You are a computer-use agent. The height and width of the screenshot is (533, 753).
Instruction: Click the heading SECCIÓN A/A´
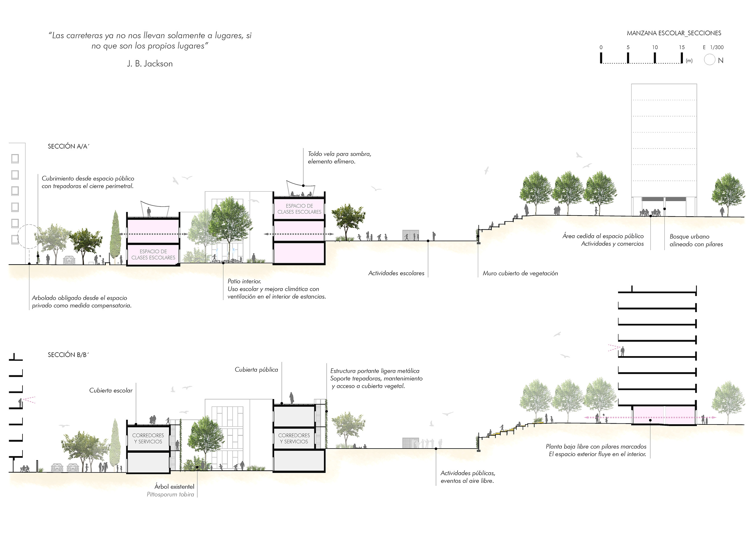point(69,146)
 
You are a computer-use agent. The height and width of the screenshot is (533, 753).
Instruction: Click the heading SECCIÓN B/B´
point(68,355)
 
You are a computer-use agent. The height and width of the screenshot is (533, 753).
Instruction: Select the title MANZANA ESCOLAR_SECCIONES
point(674,33)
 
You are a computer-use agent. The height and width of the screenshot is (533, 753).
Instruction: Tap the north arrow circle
point(709,60)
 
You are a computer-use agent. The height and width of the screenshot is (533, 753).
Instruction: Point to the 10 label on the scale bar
point(655,47)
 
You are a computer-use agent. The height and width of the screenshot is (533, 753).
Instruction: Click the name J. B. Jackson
point(150,64)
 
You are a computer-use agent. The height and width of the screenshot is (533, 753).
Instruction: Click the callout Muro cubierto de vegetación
point(520,273)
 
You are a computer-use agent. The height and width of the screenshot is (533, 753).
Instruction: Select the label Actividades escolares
point(396,273)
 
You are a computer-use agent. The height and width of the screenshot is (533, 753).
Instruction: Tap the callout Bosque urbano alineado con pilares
point(696,240)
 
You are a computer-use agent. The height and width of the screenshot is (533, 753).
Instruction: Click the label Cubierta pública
point(256,370)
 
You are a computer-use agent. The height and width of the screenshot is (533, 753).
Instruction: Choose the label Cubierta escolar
point(111,390)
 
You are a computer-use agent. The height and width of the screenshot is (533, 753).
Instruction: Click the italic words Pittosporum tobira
point(170,494)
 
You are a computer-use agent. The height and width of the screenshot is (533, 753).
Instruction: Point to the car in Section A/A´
point(69,260)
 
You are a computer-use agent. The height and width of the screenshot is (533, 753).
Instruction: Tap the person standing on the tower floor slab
point(622,352)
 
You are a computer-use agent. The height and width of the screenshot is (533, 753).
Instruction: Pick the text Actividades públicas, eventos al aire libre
point(467,477)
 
